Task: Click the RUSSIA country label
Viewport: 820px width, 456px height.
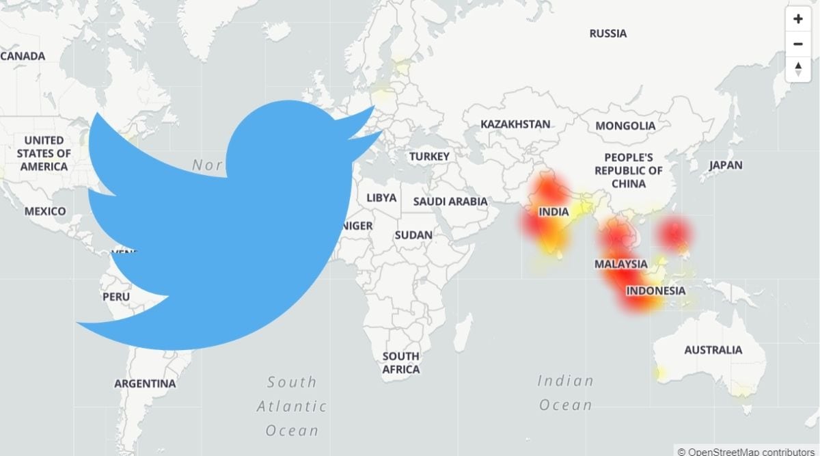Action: point(607,33)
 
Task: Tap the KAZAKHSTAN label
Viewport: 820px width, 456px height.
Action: point(515,124)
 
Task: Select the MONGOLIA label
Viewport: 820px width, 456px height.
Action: point(625,126)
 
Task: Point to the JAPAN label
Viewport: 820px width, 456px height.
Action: point(725,165)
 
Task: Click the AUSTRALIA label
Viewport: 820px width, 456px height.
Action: point(713,350)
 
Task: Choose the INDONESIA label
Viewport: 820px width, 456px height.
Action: point(655,291)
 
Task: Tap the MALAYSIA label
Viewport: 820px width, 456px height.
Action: point(620,264)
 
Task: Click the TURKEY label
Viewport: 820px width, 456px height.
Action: point(429,157)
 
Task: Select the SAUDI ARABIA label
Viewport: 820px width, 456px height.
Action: point(450,202)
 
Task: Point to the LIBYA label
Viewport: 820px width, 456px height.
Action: point(381,198)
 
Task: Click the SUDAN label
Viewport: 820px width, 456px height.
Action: point(413,235)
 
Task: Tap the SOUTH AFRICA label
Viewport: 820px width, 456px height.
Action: point(400,362)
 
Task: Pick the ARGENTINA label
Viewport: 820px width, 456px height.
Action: point(145,384)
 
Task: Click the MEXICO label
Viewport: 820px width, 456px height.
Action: point(45,211)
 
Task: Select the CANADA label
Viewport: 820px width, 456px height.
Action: point(23,56)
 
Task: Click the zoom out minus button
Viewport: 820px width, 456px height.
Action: point(797,44)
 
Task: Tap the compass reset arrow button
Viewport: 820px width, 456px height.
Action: point(797,69)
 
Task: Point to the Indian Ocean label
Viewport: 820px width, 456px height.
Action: point(565,392)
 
